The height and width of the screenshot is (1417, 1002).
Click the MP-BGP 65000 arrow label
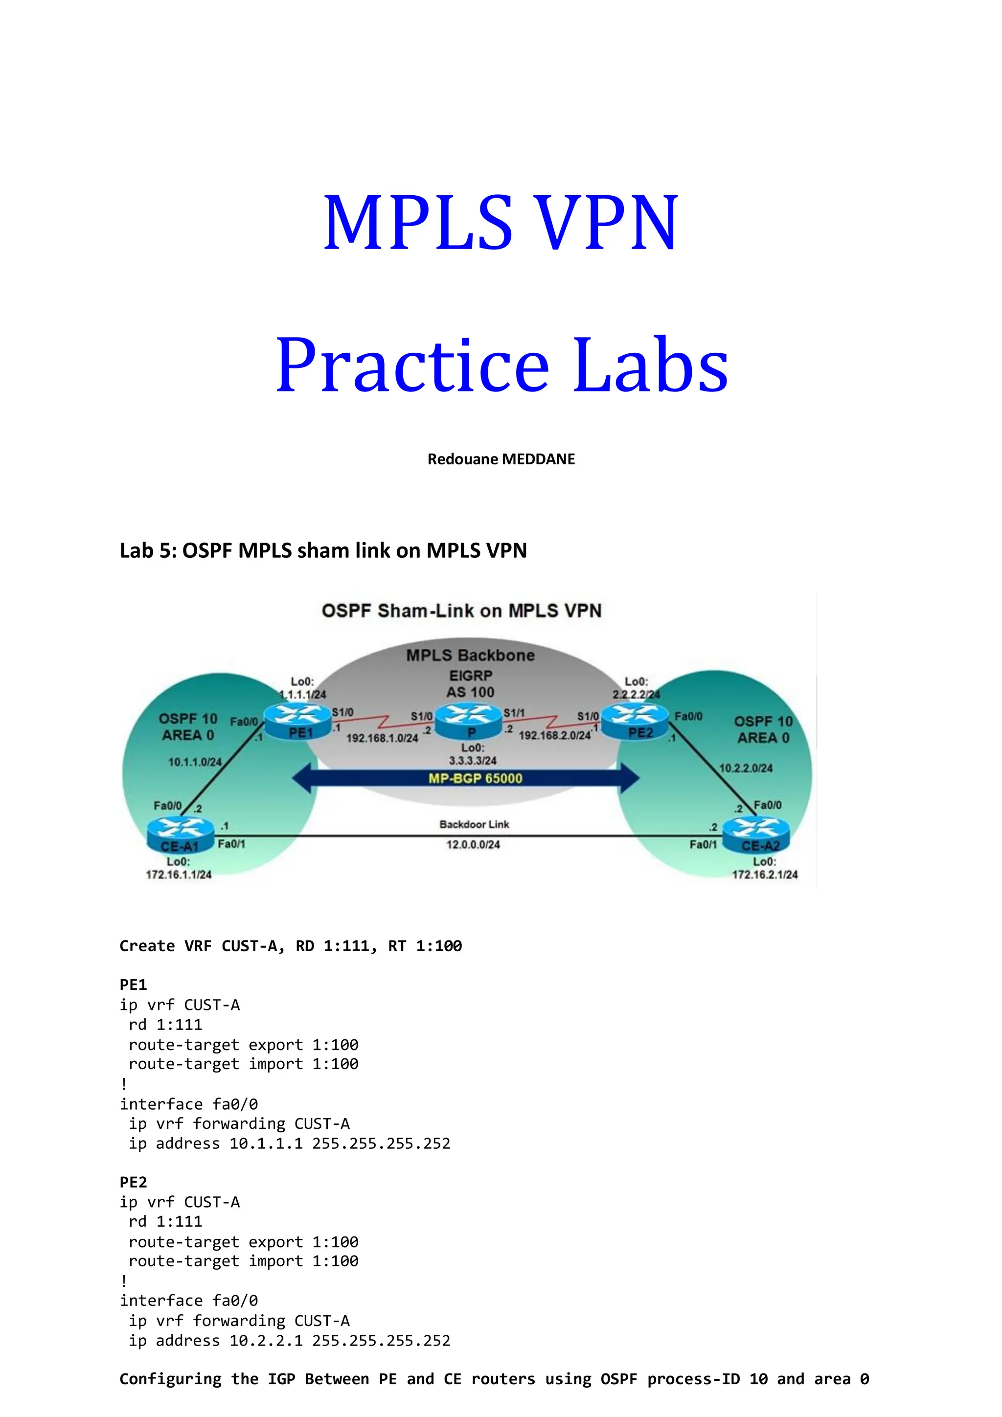(x=475, y=778)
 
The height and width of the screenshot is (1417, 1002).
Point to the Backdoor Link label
(x=474, y=824)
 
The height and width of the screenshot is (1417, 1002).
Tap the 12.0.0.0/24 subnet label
(x=473, y=844)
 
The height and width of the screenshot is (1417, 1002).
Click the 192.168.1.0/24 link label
(x=382, y=738)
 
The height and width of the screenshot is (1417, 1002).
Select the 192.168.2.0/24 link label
(x=554, y=735)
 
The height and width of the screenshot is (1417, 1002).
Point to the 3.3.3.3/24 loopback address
(x=473, y=760)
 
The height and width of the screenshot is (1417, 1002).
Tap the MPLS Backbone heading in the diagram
(x=470, y=656)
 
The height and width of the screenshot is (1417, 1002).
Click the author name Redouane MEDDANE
(x=501, y=459)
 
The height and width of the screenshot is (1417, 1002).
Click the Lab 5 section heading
(x=323, y=550)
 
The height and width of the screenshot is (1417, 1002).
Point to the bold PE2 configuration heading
(x=133, y=1182)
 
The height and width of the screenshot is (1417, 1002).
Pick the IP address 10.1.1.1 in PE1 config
(x=266, y=1143)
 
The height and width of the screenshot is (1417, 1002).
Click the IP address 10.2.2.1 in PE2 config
(x=266, y=1341)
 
